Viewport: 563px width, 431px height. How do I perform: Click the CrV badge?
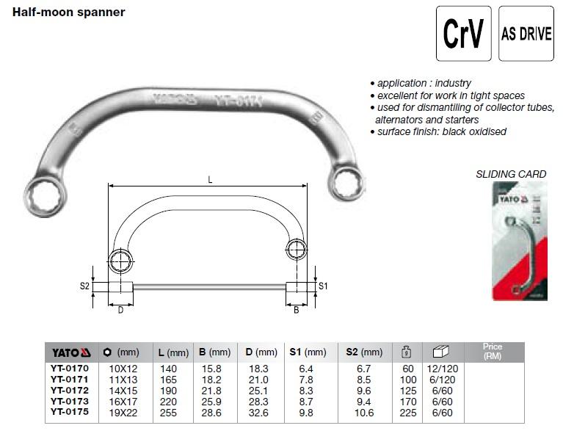click(x=463, y=34)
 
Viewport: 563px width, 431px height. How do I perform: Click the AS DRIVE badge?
click(x=526, y=34)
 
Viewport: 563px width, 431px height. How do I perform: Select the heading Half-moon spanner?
click(x=69, y=12)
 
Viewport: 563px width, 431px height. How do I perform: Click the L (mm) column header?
click(x=173, y=352)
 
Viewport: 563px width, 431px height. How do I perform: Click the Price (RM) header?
click(x=493, y=351)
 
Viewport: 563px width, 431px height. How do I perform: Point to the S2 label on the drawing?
click(x=84, y=286)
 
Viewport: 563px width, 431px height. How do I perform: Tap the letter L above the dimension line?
click(x=210, y=180)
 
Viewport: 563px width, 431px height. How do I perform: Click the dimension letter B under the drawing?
click(x=297, y=311)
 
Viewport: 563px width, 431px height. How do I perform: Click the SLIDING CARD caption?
click(x=511, y=174)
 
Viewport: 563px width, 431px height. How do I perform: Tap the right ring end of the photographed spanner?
click(x=343, y=178)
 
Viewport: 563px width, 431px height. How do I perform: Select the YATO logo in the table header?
click(x=70, y=352)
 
